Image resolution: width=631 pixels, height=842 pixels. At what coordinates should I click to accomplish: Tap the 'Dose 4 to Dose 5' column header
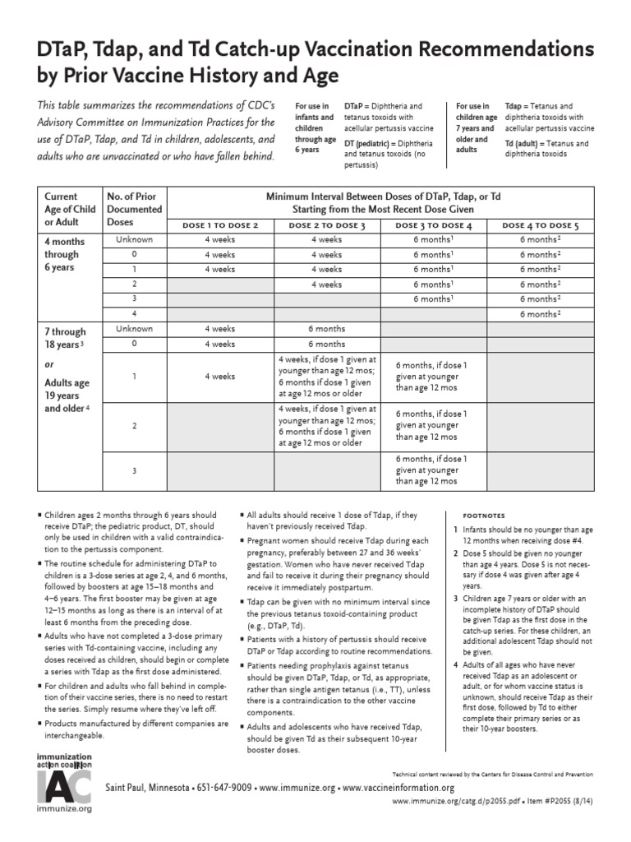(x=540, y=225)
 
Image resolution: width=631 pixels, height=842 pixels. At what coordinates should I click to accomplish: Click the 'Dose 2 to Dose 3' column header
(x=326, y=225)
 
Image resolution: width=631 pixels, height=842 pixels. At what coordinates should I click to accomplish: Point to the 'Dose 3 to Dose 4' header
(x=433, y=225)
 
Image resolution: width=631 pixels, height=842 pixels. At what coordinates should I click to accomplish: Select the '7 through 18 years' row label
(x=66, y=338)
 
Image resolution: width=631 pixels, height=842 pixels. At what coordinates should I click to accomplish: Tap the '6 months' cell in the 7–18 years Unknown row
(x=326, y=329)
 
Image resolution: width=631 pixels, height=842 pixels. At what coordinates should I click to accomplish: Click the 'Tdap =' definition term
(x=517, y=107)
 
